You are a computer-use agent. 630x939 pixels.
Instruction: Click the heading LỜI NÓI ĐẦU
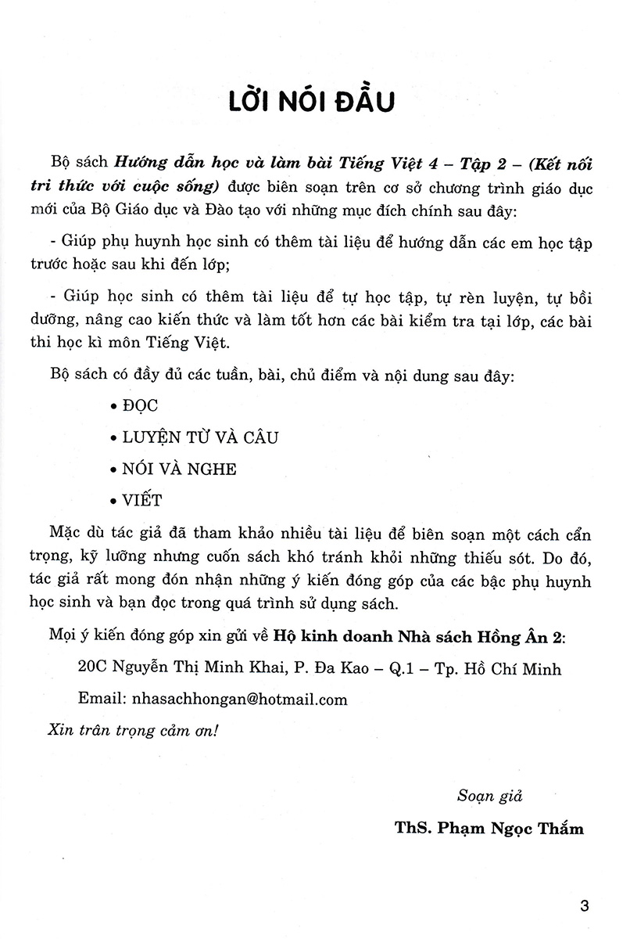point(314,103)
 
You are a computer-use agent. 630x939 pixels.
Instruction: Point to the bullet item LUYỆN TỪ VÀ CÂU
point(195,438)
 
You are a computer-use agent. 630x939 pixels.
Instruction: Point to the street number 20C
point(94,669)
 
